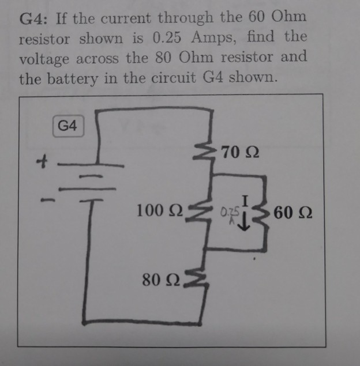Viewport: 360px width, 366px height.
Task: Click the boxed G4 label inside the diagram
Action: [67, 126]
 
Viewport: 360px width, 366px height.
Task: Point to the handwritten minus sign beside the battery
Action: [51, 201]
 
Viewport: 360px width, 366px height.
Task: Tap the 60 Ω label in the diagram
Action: [294, 215]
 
